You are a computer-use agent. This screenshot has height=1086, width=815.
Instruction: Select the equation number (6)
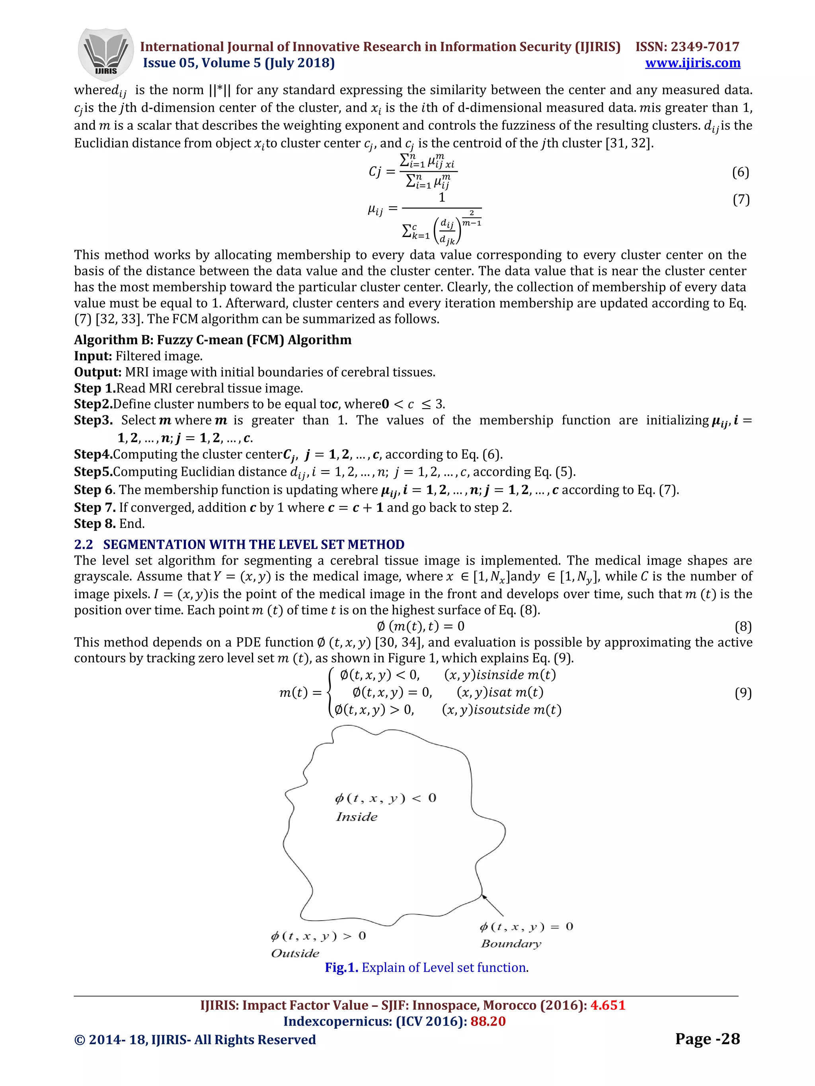[x=740, y=172]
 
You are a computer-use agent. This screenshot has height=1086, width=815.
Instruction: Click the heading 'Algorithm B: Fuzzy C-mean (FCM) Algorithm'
[x=213, y=340]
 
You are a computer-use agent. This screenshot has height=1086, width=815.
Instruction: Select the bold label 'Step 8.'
[x=95, y=524]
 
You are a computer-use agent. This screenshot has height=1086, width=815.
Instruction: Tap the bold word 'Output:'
[x=98, y=372]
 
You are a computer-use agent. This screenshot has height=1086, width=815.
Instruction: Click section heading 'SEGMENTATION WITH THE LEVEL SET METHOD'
[x=253, y=545]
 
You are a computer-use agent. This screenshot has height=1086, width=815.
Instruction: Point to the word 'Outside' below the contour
[x=295, y=954]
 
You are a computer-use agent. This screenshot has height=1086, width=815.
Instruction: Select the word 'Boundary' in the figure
[x=511, y=944]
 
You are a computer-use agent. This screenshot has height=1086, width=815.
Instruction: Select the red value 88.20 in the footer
[x=488, y=1021]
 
